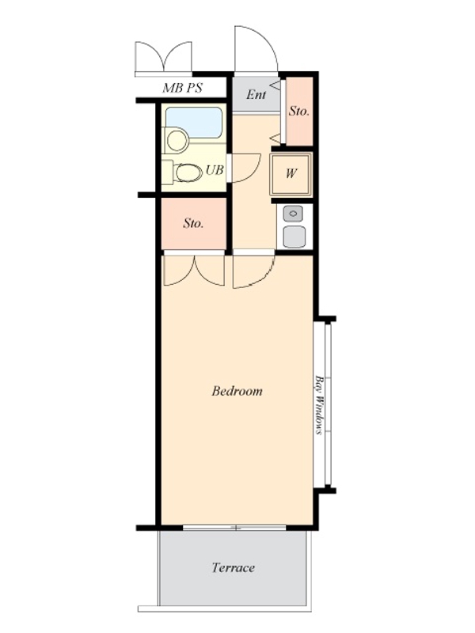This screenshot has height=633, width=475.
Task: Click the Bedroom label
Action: tap(237, 391)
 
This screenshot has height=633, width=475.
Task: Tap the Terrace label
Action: tap(234, 567)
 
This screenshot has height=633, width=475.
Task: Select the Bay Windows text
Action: tap(320, 405)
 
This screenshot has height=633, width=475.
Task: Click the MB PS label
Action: tap(182, 88)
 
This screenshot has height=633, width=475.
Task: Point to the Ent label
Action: tap(256, 94)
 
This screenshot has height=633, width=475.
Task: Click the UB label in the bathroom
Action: tap(215, 170)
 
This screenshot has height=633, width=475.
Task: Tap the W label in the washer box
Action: tap(291, 173)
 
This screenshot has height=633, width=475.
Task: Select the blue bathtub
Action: tap(194, 123)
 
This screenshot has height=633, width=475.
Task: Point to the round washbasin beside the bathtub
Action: tap(177, 140)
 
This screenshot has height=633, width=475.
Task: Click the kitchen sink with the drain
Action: tap(293, 214)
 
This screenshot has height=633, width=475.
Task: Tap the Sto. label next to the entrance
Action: tap(299, 112)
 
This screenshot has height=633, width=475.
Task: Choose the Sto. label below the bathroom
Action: tap(193, 223)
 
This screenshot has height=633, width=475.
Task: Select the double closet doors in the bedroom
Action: tap(194, 271)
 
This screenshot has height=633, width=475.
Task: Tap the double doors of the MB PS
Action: tap(164, 56)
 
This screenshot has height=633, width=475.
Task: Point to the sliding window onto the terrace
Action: tap(234, 528)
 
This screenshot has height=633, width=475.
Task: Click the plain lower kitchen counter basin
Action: tap(294, 236)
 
